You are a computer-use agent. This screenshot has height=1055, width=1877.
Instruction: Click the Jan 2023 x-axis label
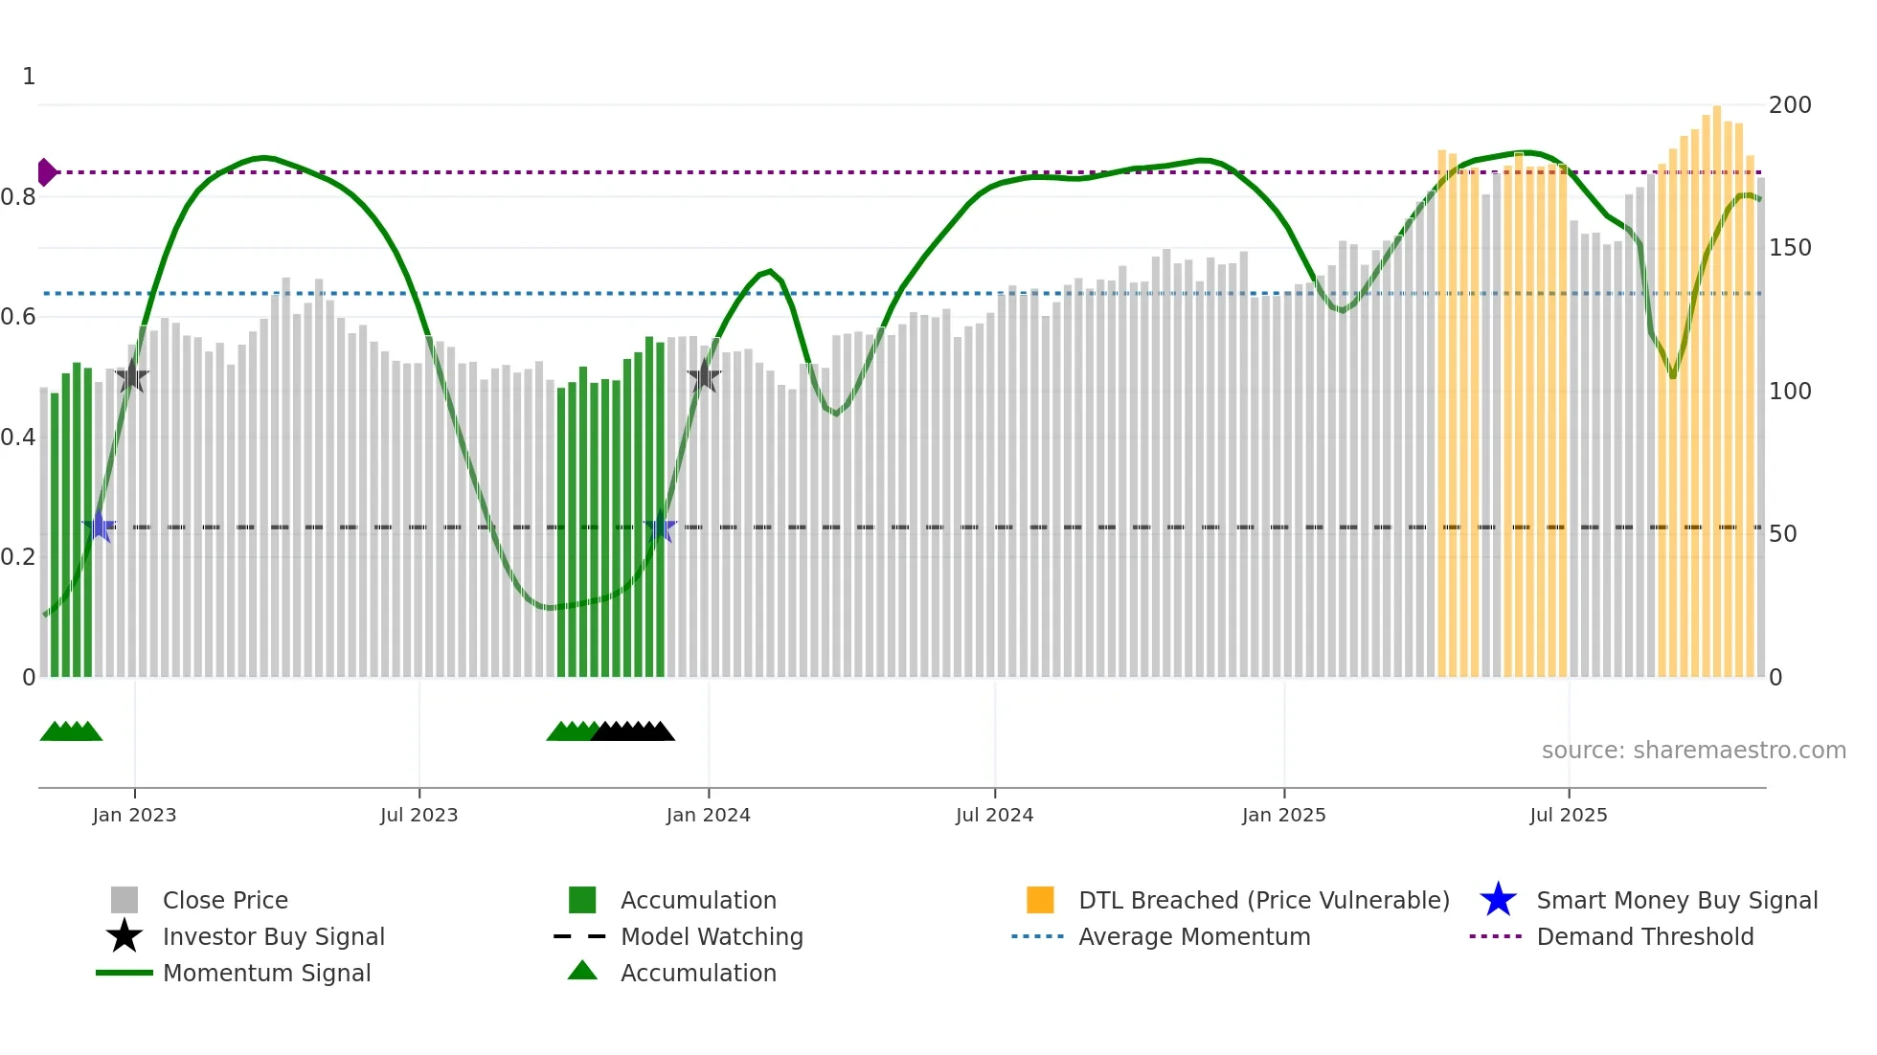pyautogui.click(x=134, y=815)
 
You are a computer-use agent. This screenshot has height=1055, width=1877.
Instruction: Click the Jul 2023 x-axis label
pyautogui.click(x=418, y=815)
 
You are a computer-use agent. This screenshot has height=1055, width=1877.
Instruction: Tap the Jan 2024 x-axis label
pyautogui.click(x=708, y=815)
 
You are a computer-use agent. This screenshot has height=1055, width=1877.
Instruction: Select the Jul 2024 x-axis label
pyautogui.click(x=994, y=815)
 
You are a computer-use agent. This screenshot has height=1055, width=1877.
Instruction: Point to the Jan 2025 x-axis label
pyautogui.click(x=1283, y=815)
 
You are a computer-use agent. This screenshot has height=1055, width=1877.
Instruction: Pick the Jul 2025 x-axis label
pyautogui.click(x=1568, y=815)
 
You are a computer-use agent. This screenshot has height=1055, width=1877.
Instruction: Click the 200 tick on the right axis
pyautogui.click(x=1790, y=105)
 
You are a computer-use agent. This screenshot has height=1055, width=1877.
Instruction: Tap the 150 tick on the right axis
pyautogui.click(x=1790, y=248)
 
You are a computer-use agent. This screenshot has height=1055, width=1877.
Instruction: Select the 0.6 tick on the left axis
pyautogui.click(x=18, y=317)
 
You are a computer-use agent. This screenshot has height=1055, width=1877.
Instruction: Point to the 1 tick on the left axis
pyautogui.click(x=29, y=77)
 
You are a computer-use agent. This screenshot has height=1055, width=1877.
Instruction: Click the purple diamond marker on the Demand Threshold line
pyautogui.click(x=46, y=172)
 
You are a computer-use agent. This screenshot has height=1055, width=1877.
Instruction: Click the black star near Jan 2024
pyautogui.click(x=704, y=376)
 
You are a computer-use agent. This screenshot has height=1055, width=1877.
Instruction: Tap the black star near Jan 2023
pyautogui.click(x=132, y=376)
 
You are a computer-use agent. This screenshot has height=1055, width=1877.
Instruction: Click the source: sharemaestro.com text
pyautogui.click(x=1693, y=751)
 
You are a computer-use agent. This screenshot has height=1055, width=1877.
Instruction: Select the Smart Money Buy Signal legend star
pyautogui.click(x=1498, y=900)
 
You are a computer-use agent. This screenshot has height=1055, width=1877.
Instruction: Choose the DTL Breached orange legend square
pyautogui.click(x=1040, y=900)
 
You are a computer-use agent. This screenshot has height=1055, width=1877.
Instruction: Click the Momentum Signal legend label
pyautogui.click(x=266, y=973)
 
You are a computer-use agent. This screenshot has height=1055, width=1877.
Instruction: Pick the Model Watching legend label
pyautogui.click(x=712, y=936)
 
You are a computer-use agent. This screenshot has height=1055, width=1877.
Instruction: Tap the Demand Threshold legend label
pyautogui.click(x=1644, y=936)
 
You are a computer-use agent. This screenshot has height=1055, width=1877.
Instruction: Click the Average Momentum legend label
pyautogui.click(x=1194, y=936)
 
